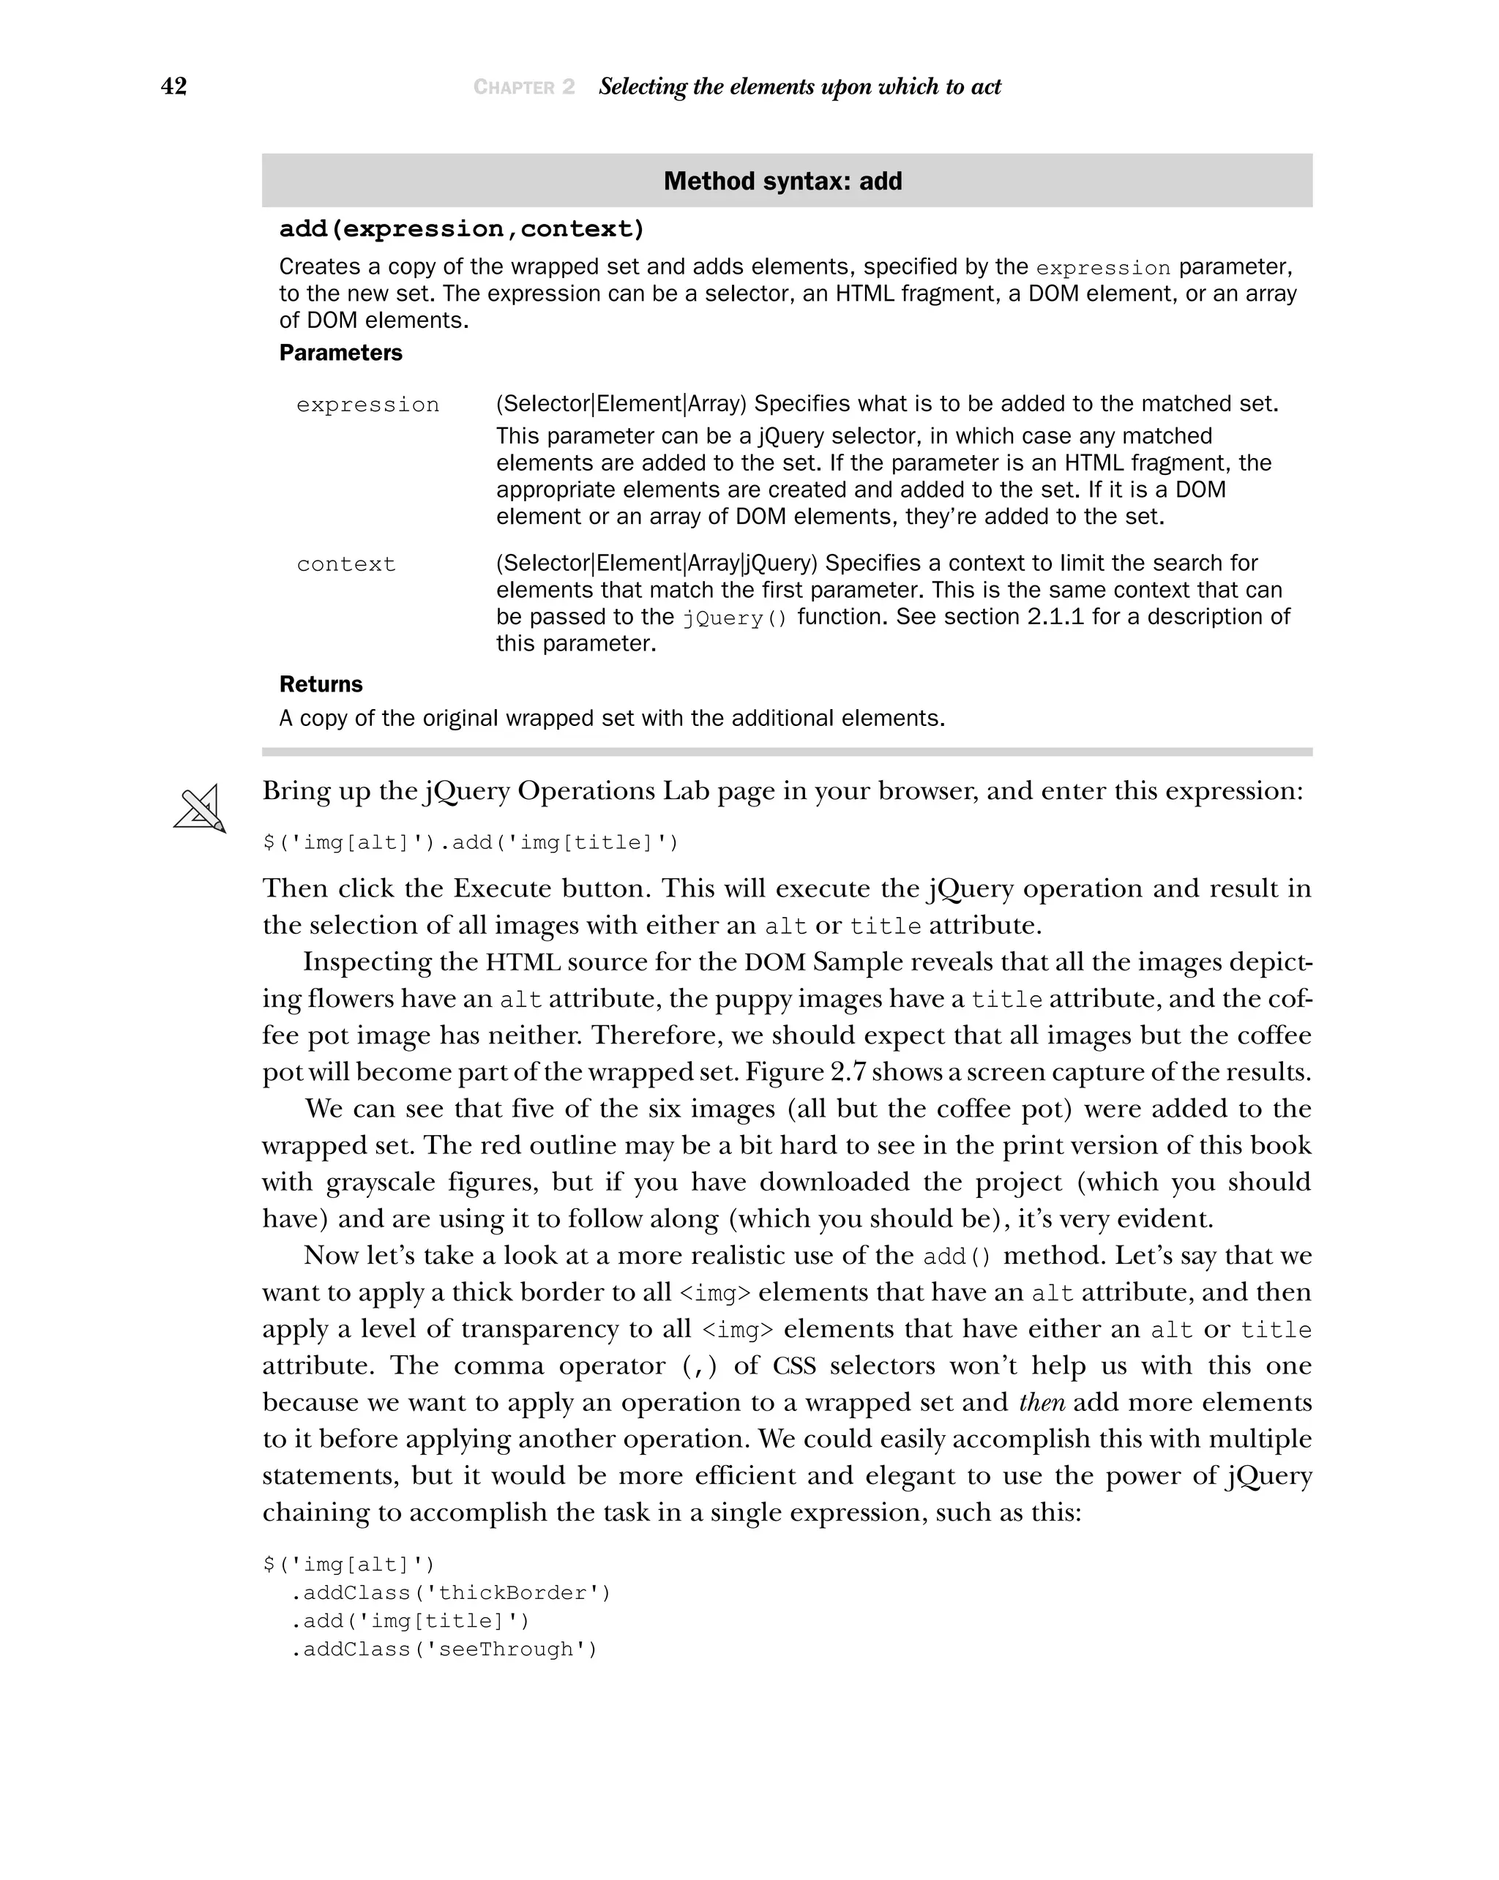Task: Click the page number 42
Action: [x=173, y=86]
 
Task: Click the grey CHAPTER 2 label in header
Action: [x=523, y=87]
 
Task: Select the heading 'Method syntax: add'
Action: [x=782, y=181]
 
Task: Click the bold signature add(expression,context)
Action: [x=461, y=229]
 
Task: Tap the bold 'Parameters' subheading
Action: [x=340, y=353]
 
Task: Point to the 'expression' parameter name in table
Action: [x=367, y=405]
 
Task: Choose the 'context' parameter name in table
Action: [x=345, y=565]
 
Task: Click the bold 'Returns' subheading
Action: [x=320, y=684]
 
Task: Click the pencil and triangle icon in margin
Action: [x=200, y=809]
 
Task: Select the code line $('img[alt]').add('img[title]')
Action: [x=470, y=843]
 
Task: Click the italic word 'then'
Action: [x=1042, y=1402]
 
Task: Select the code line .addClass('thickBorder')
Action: [x=450, y=1593]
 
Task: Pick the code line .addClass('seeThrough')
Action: [x=443, y=1649]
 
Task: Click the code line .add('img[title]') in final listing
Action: [x=410, y=1621]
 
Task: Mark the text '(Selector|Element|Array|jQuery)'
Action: [x=657, y=563]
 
